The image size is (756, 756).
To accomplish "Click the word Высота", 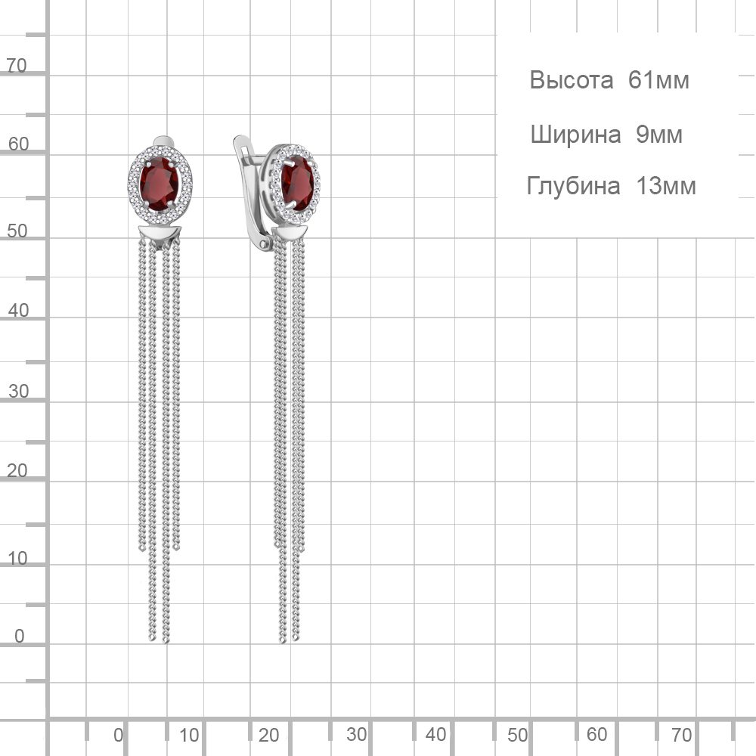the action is tap(572, 80).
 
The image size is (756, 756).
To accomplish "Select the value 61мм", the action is tap(658, 80).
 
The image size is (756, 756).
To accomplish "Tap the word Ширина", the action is tap(575, 135).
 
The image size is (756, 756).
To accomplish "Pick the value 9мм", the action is tap(659, 135).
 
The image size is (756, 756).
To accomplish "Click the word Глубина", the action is tap(573, 186).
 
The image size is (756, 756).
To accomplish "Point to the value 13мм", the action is tap(666, 186).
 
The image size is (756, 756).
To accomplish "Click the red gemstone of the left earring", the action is tap(159, 184).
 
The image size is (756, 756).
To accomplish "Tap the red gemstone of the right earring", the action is tap(297, 183).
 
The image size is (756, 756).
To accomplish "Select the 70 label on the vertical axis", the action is tap(17, 66).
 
